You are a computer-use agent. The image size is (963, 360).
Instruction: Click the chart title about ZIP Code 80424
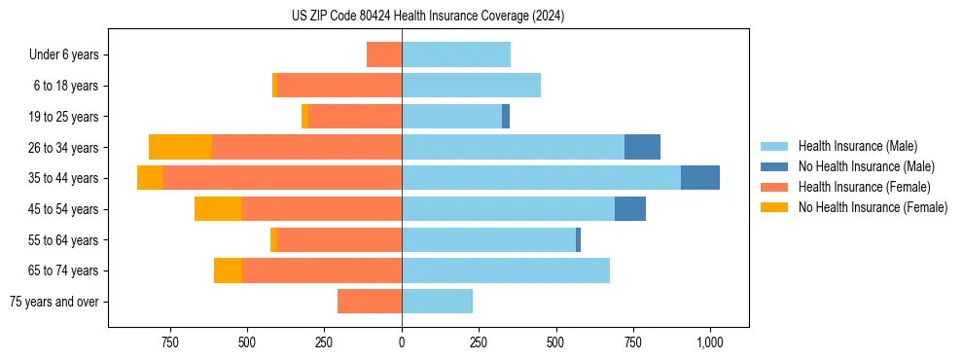point(428,16)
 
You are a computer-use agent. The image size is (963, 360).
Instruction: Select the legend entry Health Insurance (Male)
point(856,146)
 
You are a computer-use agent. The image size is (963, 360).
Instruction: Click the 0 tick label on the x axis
point(402,342)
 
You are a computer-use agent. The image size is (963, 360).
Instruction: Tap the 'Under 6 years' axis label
point(63,55)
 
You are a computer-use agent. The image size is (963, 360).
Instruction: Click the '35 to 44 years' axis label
point(62,178)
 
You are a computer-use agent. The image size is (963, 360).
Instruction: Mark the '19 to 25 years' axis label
point(62,117)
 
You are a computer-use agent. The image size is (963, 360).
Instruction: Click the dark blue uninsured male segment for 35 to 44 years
point(700,178)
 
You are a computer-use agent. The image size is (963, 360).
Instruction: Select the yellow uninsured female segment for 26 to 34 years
point(180,147)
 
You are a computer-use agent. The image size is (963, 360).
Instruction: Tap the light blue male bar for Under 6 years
point(456,54)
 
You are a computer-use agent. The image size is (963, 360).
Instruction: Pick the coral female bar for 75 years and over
point(370,302)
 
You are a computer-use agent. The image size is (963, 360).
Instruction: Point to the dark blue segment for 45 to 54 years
point(630,209)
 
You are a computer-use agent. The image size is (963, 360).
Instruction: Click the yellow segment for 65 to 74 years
point(228,270)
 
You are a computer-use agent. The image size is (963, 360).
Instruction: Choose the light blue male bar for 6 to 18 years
point(471,86)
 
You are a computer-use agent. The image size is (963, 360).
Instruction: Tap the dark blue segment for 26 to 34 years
point(642,147)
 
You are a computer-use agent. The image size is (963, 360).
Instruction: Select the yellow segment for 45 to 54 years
point(218,209)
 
